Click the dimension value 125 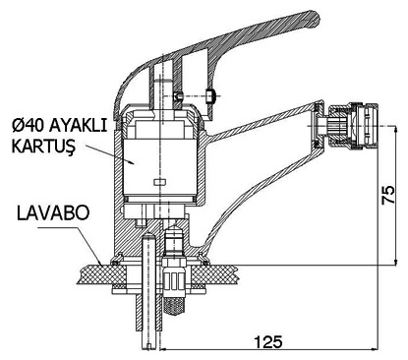268,342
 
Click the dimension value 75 388,195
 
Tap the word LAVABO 53,213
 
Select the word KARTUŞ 43,147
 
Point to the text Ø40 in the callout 29,126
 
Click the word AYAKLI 78,126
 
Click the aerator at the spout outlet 354,126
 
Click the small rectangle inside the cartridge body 160,182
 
